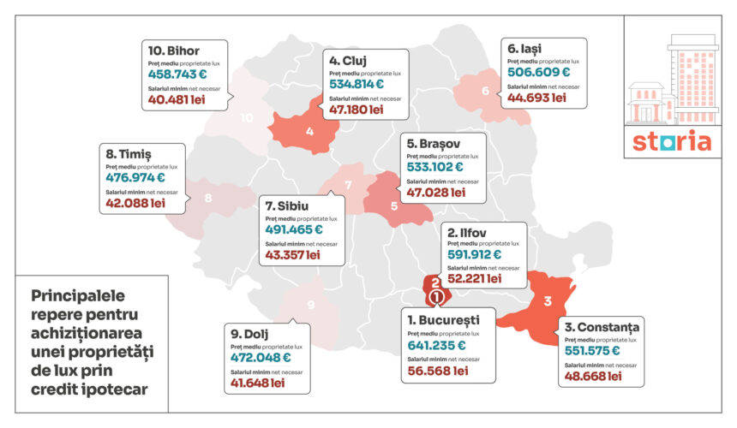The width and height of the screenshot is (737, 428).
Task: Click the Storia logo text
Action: (672, 141)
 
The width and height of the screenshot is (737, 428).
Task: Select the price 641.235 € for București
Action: (437, 346)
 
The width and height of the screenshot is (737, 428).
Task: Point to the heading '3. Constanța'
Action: (602, 327)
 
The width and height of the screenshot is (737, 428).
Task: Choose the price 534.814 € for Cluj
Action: (357, 84)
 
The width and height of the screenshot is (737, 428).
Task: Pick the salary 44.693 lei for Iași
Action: (536, 98)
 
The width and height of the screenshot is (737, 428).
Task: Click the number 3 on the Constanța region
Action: (547, 300)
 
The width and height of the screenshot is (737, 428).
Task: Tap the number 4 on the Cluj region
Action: (309, 133)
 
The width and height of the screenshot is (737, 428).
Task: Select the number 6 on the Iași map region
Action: (485, 92)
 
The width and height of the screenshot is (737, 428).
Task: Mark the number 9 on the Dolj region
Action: (311, 305)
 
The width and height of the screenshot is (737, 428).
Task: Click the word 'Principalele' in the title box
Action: (78, 295)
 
